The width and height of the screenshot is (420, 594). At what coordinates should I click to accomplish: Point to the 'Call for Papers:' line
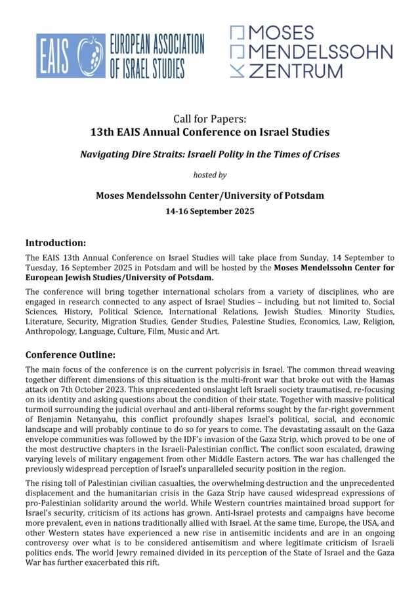pos(209,118)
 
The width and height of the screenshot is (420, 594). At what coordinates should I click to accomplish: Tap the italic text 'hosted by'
pos(209,175)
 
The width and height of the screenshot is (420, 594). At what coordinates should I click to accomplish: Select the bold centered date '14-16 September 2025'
pos(209,211)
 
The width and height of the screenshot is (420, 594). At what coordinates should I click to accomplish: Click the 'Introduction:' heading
pos(56,243)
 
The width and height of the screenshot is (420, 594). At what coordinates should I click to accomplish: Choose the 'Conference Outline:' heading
pos(70,354)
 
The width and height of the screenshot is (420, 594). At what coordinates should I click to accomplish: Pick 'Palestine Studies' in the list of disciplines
pos(258,321)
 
